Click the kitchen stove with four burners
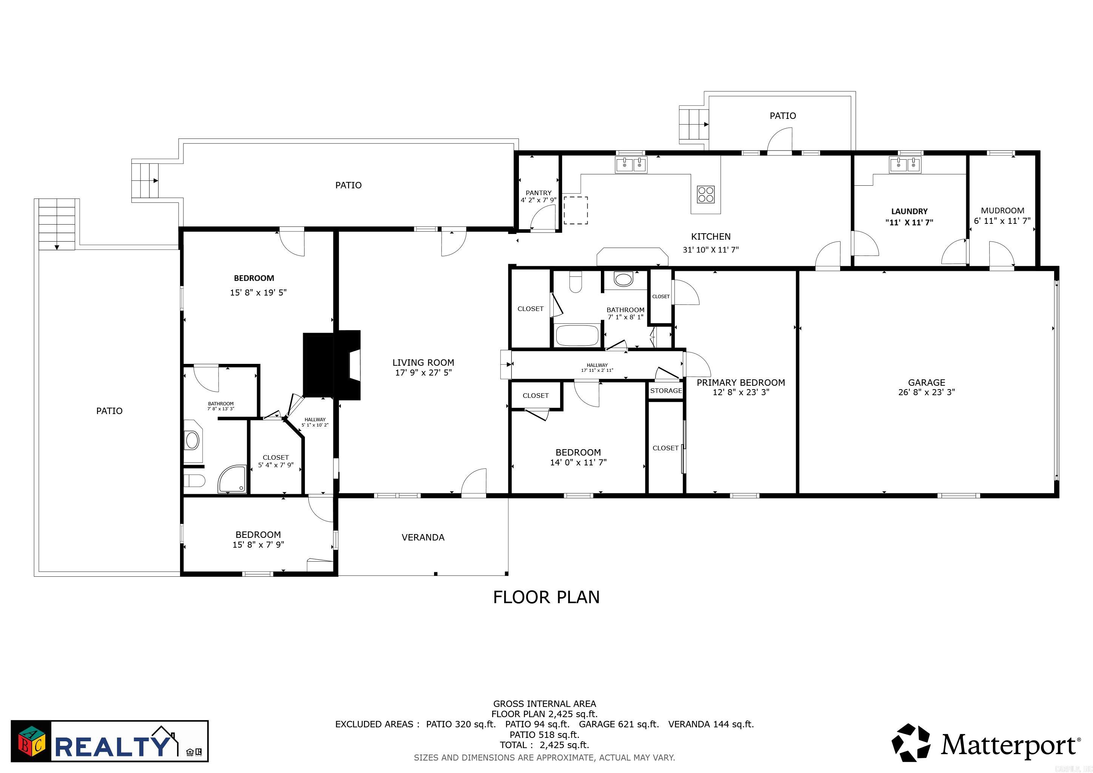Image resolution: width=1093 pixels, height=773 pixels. [705, 194]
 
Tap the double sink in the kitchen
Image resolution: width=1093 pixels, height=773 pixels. [631, 165]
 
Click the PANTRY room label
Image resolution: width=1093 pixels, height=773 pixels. [539, 193]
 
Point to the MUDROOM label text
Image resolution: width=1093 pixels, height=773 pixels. [1002, 210]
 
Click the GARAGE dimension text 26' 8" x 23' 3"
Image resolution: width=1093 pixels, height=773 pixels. [927, 392]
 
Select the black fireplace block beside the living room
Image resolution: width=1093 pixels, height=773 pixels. [331, 365]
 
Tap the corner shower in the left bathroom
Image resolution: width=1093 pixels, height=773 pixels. [233, 479]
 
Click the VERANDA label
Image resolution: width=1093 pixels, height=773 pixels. [423, 537]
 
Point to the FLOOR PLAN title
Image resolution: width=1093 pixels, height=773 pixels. [546, 597]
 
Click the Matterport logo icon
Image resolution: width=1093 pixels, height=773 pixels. [911, 742]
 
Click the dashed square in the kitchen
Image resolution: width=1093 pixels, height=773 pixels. [576, 210]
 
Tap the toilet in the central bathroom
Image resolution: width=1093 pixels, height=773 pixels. [576, 282]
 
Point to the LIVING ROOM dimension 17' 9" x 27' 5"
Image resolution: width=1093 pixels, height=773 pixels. [423, 373]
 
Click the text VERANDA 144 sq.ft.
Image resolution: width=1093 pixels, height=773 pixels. [711, 724]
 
